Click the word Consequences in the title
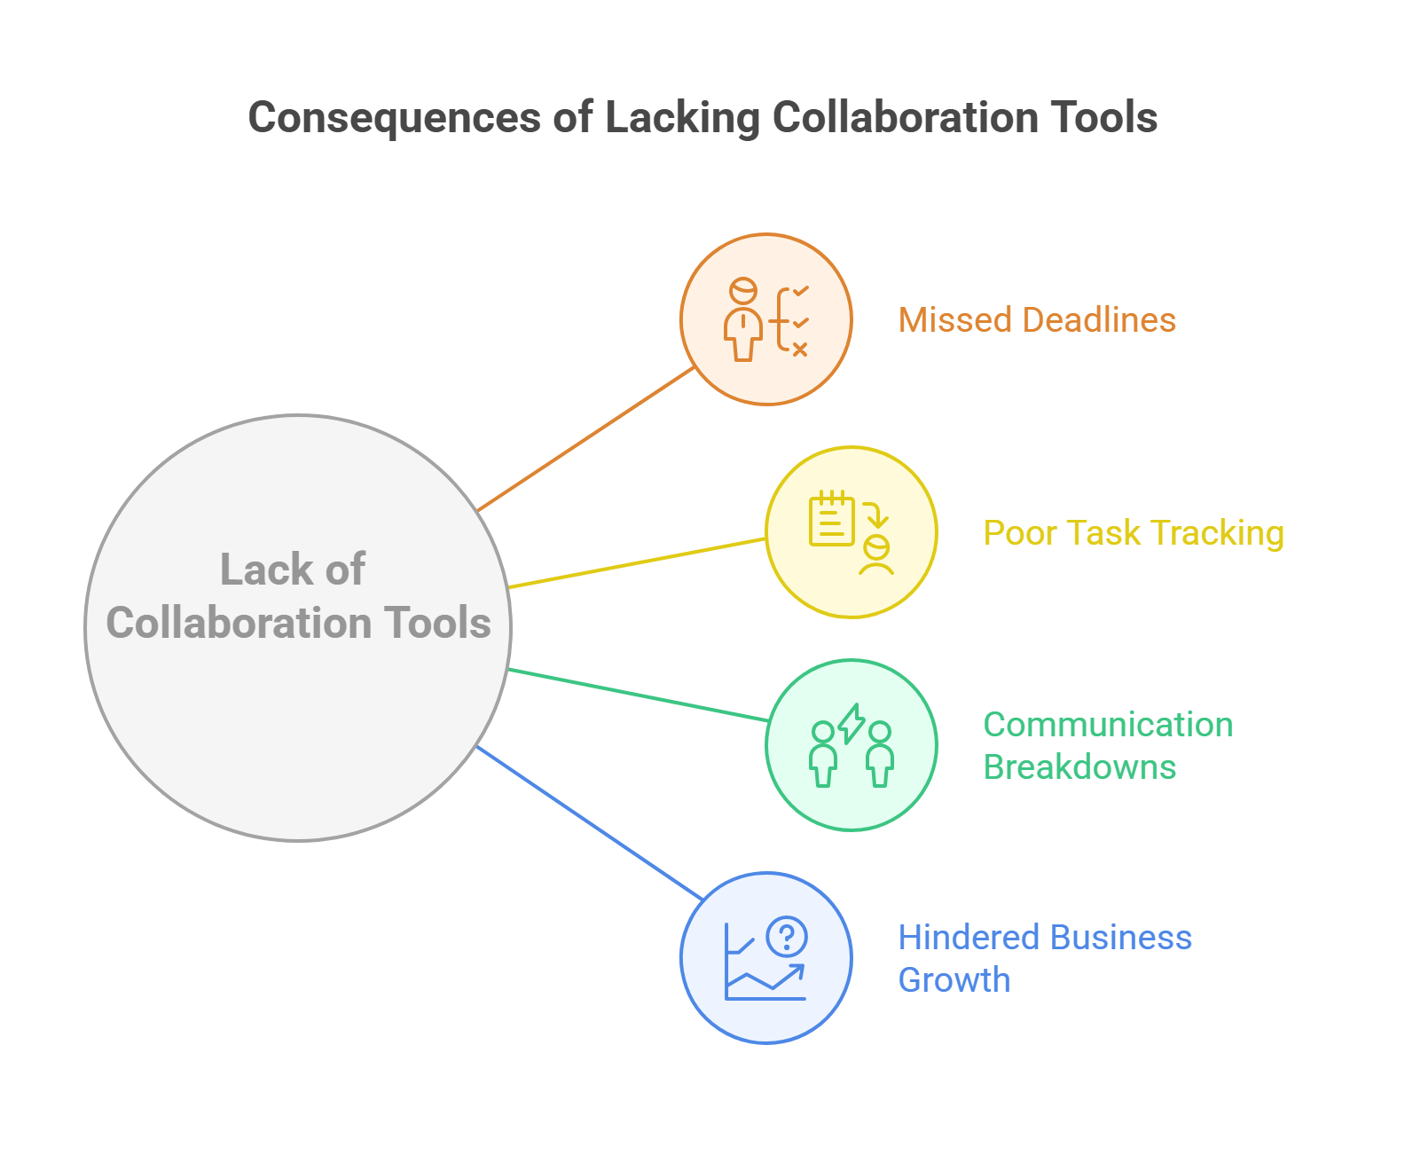point(395,119)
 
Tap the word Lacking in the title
point(682,119)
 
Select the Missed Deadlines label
point(1037,319)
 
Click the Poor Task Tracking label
point(1134,533)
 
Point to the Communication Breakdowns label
point(1108,746)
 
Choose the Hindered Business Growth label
point(1045,958)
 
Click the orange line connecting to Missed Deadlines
point(585,439)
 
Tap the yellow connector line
point(637,562)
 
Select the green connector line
point(639,696)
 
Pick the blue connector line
point(590,823)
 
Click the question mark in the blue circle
point(787,936)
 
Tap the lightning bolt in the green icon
point(852,723)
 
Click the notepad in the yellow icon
point(832,517)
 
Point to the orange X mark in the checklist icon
point(800,350)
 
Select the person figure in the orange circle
point(743,319)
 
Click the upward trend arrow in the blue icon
point(766,978)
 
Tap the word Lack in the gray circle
point(265,570)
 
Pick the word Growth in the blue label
point(954,980)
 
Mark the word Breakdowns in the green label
point(1079,767)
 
